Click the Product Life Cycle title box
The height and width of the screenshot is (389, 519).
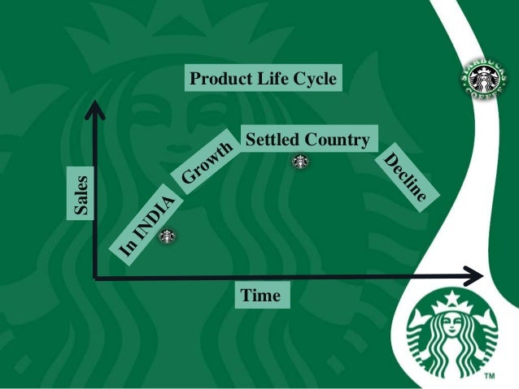(261, 79)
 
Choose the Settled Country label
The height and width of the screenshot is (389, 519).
(307, 139)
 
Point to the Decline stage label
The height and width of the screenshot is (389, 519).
(404, 178)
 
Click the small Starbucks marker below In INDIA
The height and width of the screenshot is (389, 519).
(167, 237)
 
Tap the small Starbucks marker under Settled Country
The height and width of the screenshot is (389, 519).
(300, 162)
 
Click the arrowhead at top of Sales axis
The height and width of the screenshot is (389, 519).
(96, 105)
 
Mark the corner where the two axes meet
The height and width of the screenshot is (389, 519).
(96, 277)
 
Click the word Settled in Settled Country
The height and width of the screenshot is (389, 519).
(271, 139)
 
